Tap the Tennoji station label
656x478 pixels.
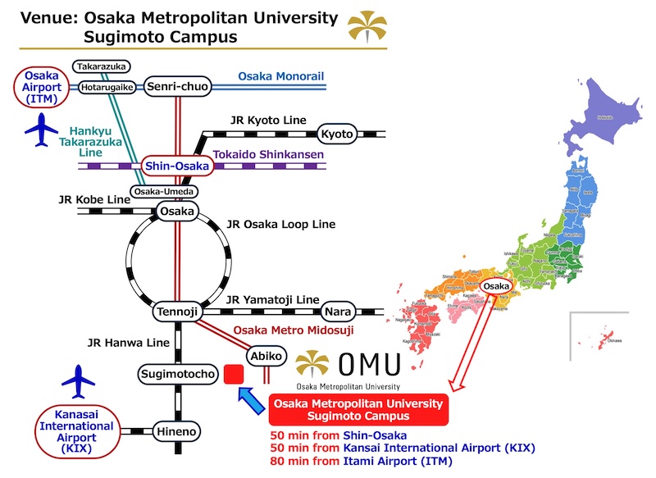pyautogui.click(x=177, y=312)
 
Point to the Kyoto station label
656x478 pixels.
pyautogui.click(x=336, y=134)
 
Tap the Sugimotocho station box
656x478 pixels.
pyautogui.click(x=177, y=375)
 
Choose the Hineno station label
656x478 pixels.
pyautogui.click(x=177, y=431)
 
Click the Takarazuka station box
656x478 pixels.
pyautogui.click(x=101, y=66)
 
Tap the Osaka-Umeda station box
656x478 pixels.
pyautogui.click(x=163, y=191)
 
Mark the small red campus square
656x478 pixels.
pyautogui.click(x=233, y=375)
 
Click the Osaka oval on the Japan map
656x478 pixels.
pyautogui.click(x=497, y=285)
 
